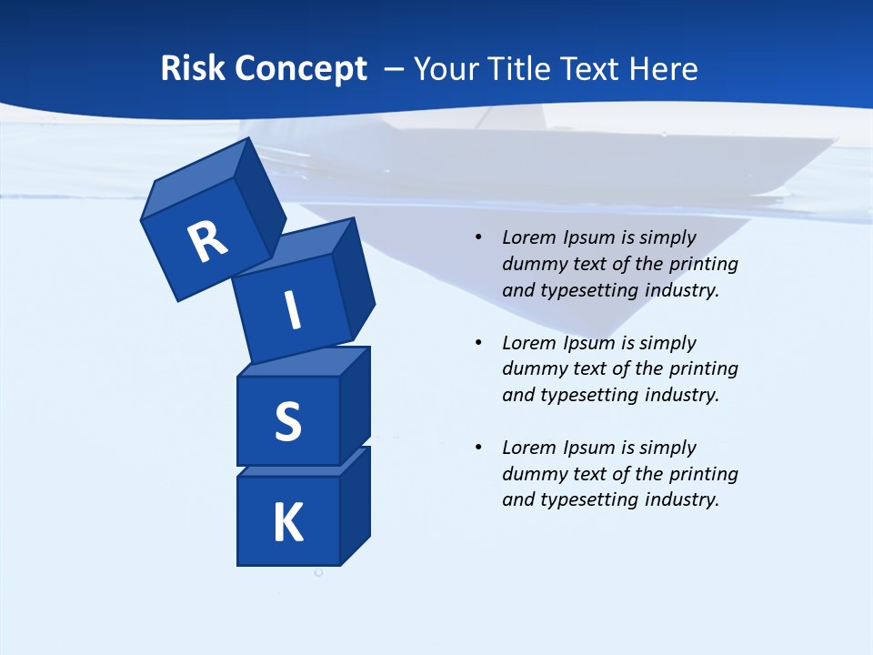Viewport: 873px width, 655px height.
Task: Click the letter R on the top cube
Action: pos(207,243)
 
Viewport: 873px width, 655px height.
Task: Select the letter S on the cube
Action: pos(287,423)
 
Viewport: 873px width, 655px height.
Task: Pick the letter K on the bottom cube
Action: pos(288,523)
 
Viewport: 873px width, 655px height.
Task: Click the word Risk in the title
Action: pos(194,69)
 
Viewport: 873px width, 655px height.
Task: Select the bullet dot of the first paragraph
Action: pos(478,237)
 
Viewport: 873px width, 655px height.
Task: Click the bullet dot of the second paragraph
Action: pos(478,343)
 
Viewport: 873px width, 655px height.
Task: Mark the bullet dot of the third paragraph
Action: pos(478,448)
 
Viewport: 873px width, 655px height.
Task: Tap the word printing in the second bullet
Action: pos(704,369)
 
